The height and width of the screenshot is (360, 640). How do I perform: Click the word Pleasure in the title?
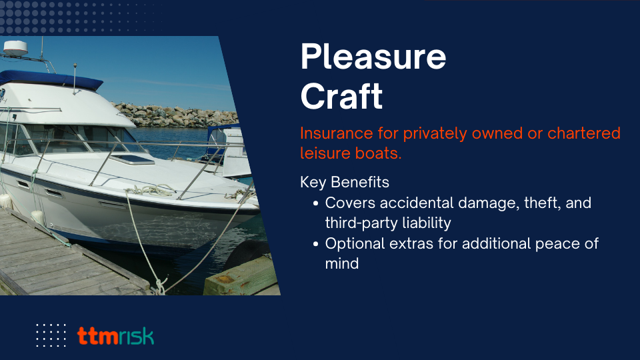(x=373, y=56)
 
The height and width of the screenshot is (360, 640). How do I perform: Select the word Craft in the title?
(x=341, y=96)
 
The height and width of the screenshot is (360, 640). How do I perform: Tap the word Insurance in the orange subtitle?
(x=337, y=133)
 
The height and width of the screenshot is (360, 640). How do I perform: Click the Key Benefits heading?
(x=345, y=182)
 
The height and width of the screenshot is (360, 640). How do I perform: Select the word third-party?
(x=361, y=223)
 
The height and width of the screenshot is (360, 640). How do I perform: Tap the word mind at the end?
(x=341, y=264)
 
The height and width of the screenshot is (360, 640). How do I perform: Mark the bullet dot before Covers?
(x=315, y=203)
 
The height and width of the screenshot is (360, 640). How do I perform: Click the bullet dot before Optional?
(x=315, y=244)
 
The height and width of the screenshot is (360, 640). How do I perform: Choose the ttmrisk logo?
(x=115, y=336)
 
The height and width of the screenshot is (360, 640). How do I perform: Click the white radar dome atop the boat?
(x=15, y=48)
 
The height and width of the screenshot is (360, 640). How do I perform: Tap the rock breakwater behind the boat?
(x=176, y=115)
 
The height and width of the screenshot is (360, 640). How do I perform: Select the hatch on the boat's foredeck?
(x=133, y=159)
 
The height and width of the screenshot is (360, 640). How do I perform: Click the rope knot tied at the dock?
(x=159, y=286)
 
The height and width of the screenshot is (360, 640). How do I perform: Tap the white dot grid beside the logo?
(x=51, y=335)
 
